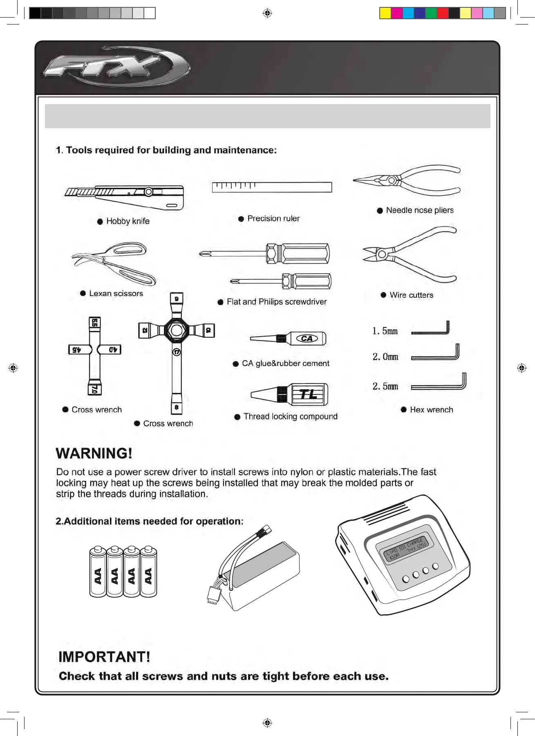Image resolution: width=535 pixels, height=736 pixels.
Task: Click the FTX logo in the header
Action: click(x=116, y=67)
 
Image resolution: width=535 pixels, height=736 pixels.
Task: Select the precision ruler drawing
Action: click(x=272, y=187)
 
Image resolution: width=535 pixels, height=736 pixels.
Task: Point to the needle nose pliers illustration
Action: click(x=407, y=180)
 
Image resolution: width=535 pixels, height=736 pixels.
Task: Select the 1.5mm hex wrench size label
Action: click(x=385, y=331)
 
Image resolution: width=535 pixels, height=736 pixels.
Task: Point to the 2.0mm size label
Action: click(x=385, y=357)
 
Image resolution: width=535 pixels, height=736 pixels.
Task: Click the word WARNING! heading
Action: click(x=94, y=453)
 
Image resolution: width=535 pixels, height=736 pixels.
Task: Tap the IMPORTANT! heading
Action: click(x=104, y=657)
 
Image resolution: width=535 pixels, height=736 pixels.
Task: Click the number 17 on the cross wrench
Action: click(x=177, y=352)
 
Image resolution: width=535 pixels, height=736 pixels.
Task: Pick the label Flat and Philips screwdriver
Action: click(x=277, y=302)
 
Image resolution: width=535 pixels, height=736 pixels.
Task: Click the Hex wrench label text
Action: click(x=431, y=410)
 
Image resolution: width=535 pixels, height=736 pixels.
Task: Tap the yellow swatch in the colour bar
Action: click(x=385, y=13)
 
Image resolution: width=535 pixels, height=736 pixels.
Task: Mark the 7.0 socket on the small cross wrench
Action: click(x=95, y=388)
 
